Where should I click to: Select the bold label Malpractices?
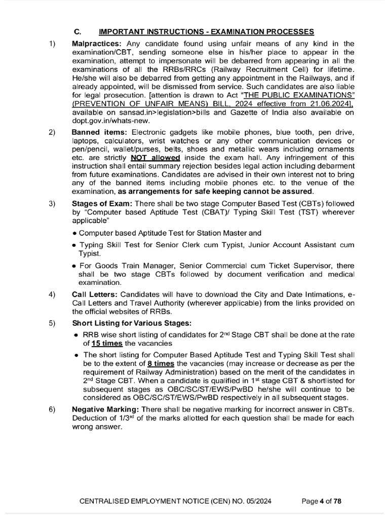[97, 44]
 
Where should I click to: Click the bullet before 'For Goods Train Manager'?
[74, 266]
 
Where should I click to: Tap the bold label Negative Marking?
[105, 409]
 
